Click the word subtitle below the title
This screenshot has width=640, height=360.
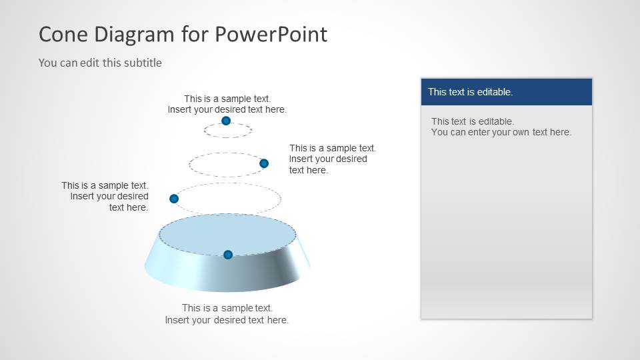(141, 63)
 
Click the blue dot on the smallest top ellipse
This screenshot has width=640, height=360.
(226, 121)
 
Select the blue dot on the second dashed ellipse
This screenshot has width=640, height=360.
(264, 163)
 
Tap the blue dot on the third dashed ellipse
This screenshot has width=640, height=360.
(174, 199)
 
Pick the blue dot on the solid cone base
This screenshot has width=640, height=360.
(228, 255)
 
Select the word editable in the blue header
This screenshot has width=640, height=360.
(491, 92)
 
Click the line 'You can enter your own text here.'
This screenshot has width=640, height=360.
(501, 132)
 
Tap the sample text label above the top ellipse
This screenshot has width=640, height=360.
(227, 104)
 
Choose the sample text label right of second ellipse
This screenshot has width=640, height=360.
(332, 159)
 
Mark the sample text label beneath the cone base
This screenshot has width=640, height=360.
(227, 314)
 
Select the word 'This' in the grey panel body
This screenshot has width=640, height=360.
(441, 121)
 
